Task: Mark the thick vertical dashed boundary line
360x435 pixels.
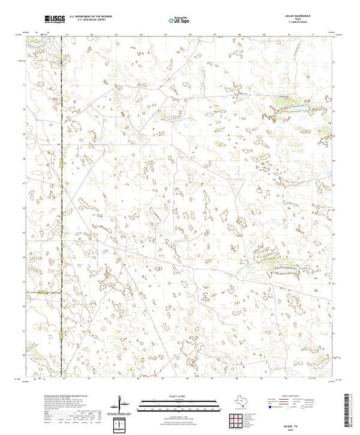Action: coord(61,207)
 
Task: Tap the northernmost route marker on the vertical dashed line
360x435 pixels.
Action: coord(61,164)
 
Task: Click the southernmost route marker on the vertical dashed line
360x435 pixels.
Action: coord(61,336)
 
